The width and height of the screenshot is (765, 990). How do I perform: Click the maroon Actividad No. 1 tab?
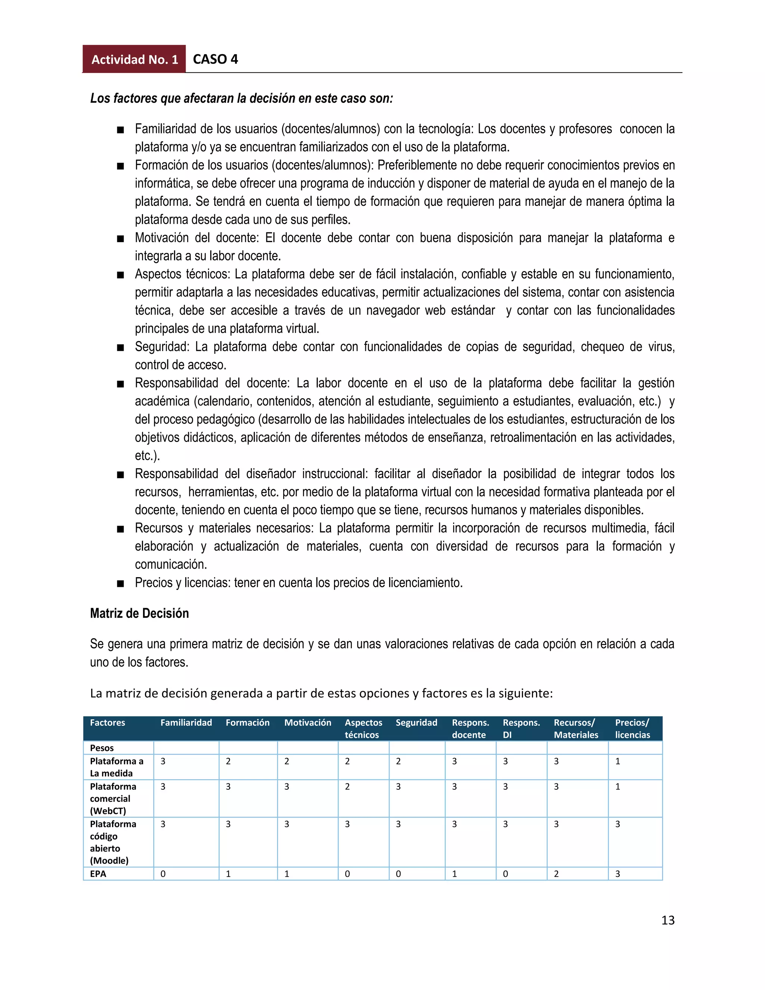[134, 59]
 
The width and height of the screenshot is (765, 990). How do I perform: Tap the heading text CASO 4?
[215, 59]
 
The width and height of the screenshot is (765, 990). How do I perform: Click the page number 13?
[668, 920]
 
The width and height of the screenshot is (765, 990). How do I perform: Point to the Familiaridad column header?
[186, 723]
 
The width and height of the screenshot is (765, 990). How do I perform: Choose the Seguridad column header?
[416, 723]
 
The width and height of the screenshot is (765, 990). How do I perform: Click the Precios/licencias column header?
[632, 728]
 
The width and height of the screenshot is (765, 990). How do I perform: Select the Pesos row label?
[102, 748]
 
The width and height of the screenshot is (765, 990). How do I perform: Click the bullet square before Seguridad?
[120, 348]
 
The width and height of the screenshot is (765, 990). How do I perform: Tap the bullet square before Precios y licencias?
[120, 584]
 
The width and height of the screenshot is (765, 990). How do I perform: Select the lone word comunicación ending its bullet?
[170, 564]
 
